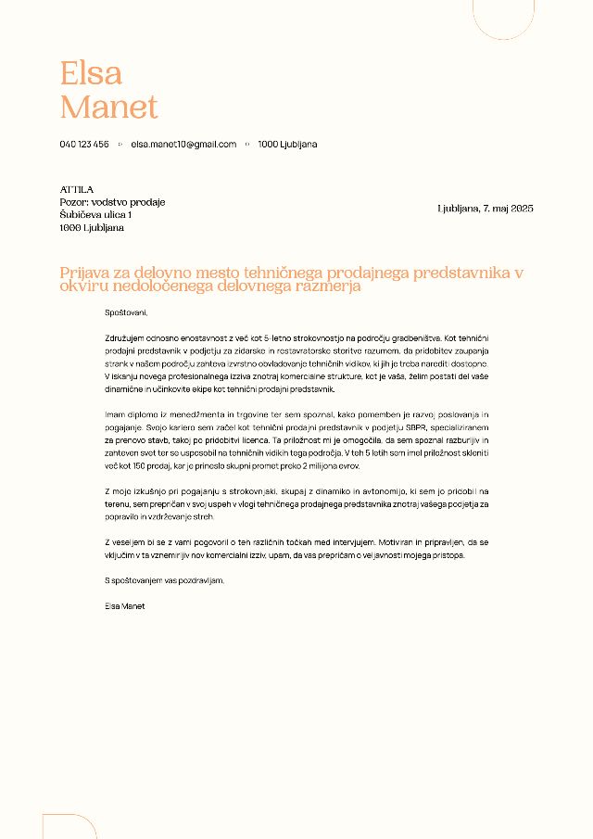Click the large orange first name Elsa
coord(91,72)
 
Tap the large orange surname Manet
coord(108,107)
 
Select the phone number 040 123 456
coord(84,145)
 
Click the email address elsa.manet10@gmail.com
coord(183,145)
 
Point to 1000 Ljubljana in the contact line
coord(287,145)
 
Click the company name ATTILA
coord(77,189)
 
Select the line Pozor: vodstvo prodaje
coord(112,202)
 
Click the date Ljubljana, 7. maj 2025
coord(485,209)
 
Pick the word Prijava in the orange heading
coord(84,273)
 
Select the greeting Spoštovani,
coord(126,312)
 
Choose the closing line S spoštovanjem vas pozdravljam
coord(165,580)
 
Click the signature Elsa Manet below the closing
coord(125,605)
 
